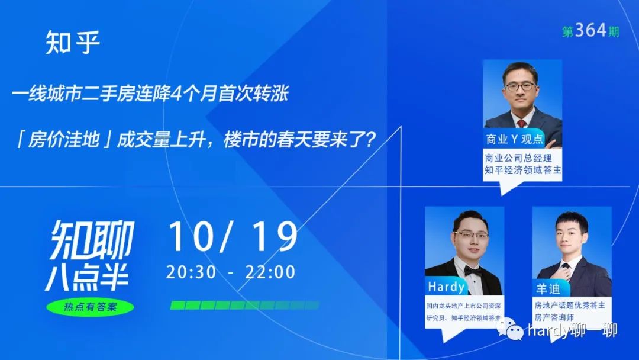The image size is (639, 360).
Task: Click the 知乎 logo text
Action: (x=73, y=42)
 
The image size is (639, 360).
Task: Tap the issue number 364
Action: (x=590, y=30)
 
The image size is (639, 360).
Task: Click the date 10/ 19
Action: (x=233, y=237)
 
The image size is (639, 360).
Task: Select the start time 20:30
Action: (x=191, y=272)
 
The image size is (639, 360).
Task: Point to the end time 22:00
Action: (x=270, y=272)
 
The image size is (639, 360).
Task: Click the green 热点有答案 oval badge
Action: (x=90, y=307)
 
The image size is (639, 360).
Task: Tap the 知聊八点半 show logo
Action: (x=90, y=255)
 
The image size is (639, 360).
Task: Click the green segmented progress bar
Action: (x=244, y=305)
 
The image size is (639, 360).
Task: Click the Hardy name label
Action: (x=446, y=287)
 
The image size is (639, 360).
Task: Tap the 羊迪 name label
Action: (x=548, y=289)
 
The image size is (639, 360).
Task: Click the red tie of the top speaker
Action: (x=521, y=124)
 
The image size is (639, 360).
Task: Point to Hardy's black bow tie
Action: (x=473, y=271)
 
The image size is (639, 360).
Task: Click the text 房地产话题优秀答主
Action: (x=570, y=306)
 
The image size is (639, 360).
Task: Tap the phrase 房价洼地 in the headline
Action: (x=64, y=140)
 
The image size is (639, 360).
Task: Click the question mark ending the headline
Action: (x=369, y=140)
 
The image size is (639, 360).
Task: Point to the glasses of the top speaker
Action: (x=520, y=86)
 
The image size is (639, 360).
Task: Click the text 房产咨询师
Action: (x=554, y=317)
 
